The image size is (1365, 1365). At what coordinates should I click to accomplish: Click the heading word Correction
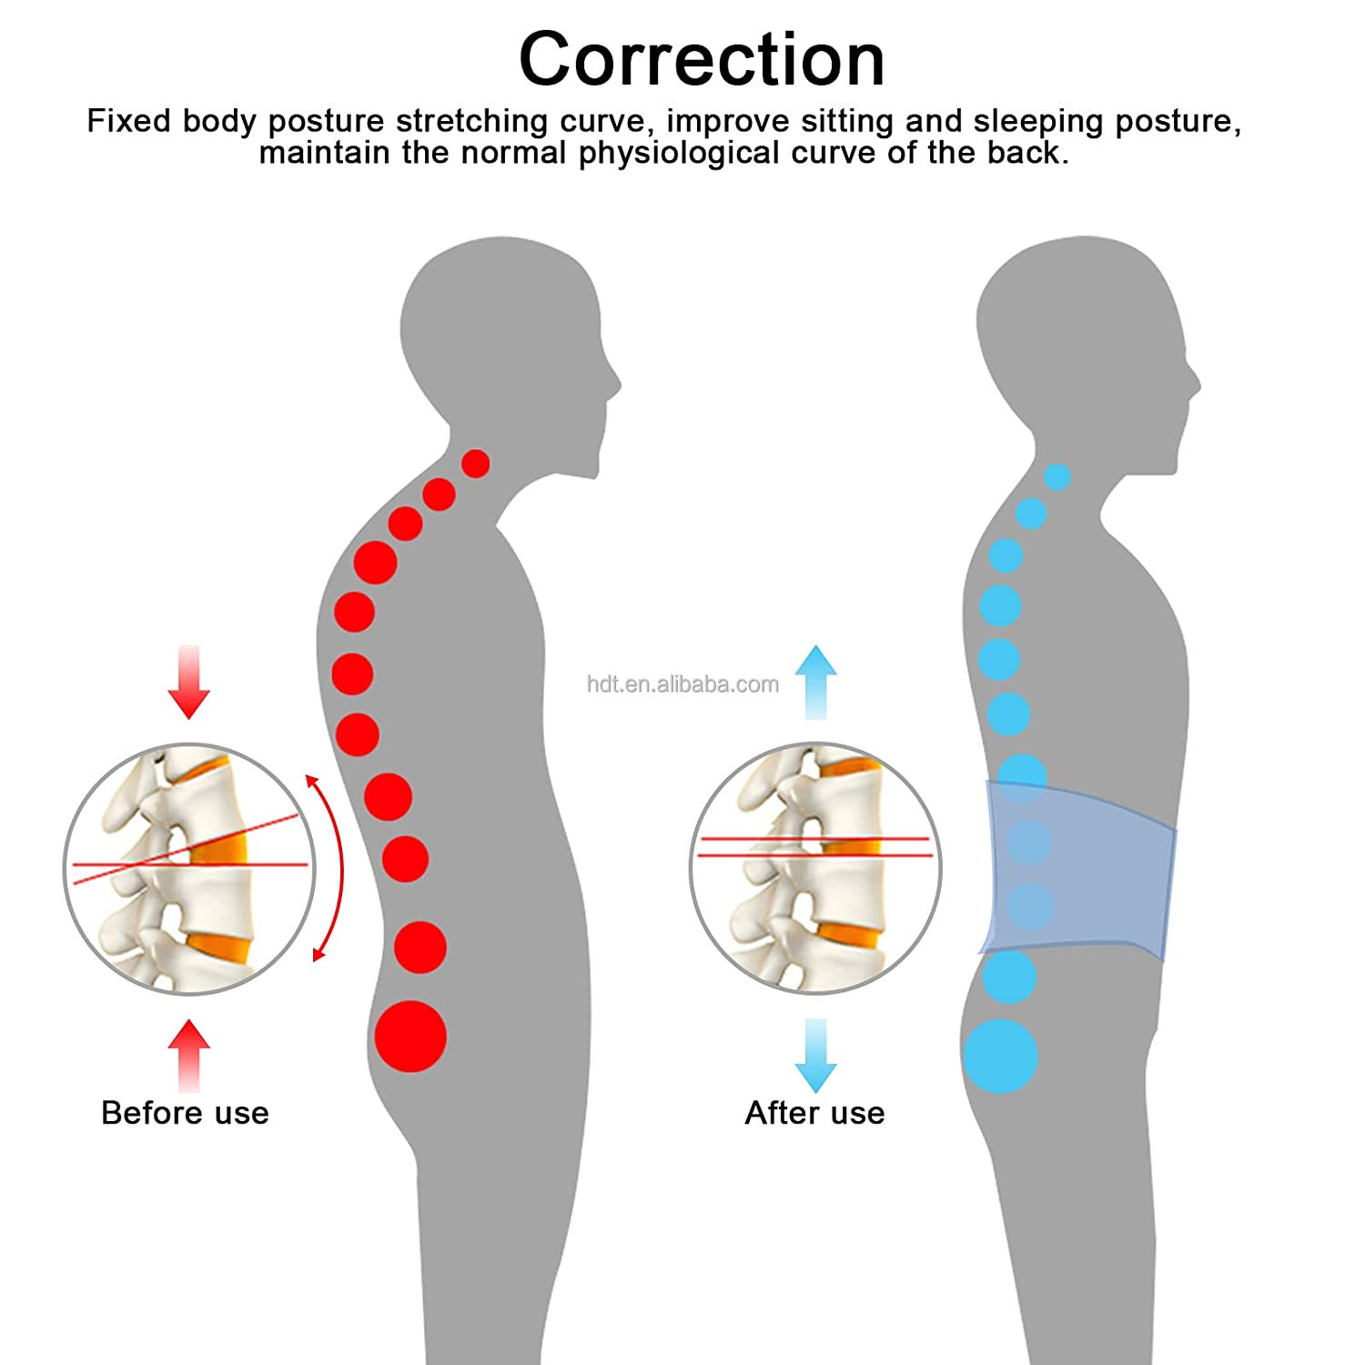click(701, 60)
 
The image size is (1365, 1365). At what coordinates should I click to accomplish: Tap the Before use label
click(185, 1113)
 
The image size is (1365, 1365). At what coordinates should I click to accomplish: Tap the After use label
click(814, 1113)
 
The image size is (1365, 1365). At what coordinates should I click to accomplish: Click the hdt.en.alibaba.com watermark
click(682, 684)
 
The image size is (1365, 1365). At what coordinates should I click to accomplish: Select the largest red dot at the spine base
click(410, 1036)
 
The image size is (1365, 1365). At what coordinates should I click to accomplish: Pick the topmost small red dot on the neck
click(475, 463)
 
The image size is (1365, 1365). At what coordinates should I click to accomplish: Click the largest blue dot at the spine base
click(1000, 1056)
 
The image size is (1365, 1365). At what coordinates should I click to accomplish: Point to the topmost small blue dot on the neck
click(1057, 477)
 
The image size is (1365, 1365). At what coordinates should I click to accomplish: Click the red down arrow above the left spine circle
click(188, 682)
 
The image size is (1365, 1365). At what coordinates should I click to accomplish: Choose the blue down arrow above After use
click(815, 1056)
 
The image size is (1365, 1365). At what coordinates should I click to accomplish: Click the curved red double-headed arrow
click(334, 866)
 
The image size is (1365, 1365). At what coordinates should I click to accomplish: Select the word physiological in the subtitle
click(680, 153)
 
